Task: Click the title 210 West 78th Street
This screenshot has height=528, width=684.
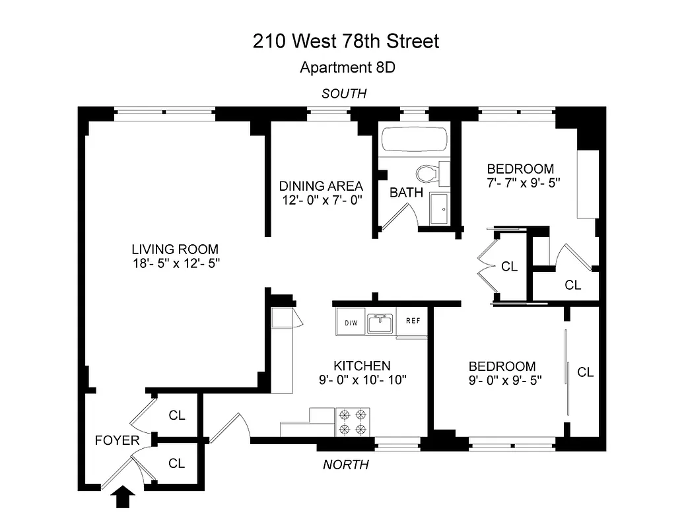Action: pyautogui.click(x=346, y=42)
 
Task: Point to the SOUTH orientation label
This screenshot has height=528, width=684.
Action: pyautogui.click(x=343, y=94)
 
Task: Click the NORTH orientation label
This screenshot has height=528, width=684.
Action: pyautogui.click(x=345, y=465)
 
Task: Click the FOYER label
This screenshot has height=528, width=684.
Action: pyautogui.click(x=117, y=440)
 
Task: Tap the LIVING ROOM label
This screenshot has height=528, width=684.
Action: pyautogui.click(x=175, y=249)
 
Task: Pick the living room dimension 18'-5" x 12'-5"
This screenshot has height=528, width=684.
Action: pyautogui.click(x=175, y=264)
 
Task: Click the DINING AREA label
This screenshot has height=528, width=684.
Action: pyautogui.click(x=321, y=186)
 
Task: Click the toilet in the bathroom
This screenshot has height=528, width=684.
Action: pyautogui.click(x=428, y=174)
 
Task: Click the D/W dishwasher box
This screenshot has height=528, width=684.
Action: pyautogui.click(x=351, y=323)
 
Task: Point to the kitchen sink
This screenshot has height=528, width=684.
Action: pyautogui.click(x=380, y=323)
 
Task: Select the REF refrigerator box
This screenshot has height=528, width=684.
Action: pyautogui.click(x=413, y=321)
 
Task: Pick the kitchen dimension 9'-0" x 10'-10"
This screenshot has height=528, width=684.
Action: pyautogui.click(x=361, y=379)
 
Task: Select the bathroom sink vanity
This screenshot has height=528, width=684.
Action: pyautogui.click(x=439, y=207)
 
